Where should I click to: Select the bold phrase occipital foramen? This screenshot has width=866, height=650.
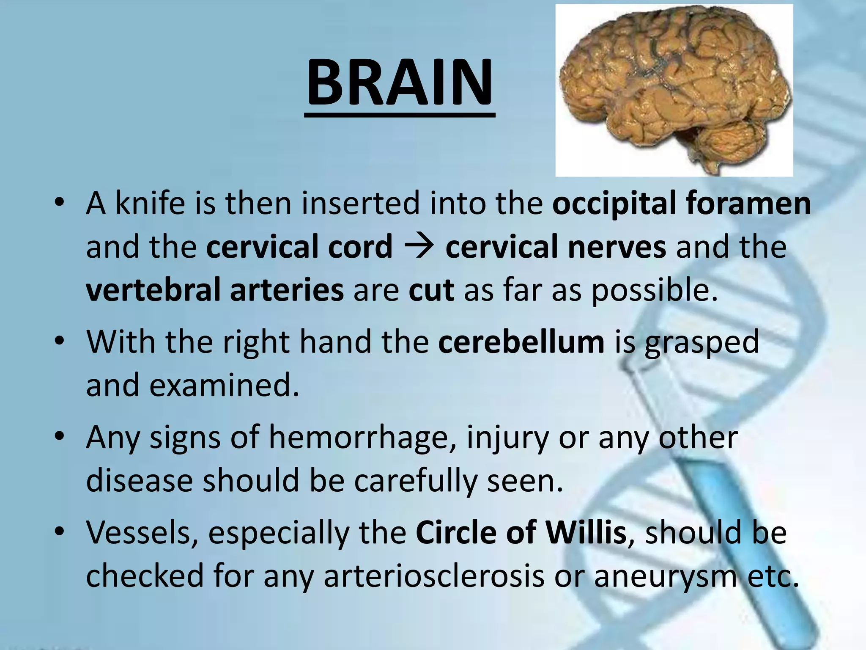[x=682, y=204]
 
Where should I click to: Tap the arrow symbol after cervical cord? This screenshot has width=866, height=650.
[x=419, y=247]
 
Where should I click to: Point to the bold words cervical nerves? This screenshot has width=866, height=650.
[x=556, y=247]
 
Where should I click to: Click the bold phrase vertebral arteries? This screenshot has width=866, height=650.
[x=215, y=290]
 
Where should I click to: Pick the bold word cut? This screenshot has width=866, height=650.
[x=431, y=290]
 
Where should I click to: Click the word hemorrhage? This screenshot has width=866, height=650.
[x=362, y=438]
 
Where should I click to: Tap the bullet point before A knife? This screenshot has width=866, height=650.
[x=60, y=203]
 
